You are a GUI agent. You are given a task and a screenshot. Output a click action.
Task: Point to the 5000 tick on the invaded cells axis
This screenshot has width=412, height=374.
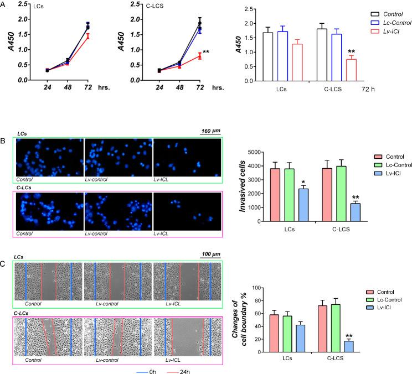click(x=255, y=152)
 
